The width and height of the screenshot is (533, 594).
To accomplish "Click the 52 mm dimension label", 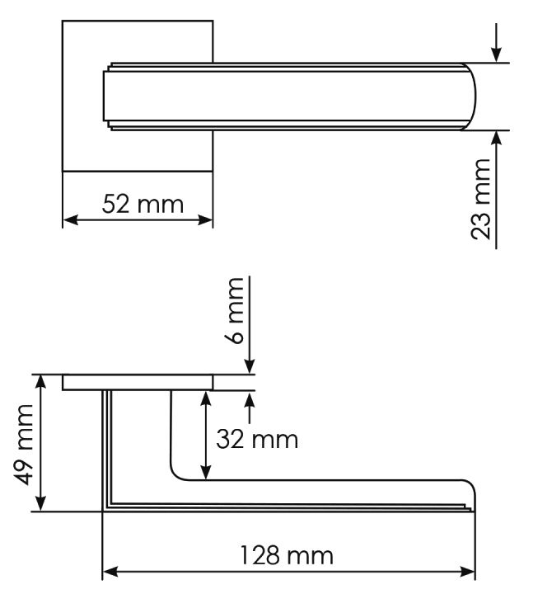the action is [x=143, y=204].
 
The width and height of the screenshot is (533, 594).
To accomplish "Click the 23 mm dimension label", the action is [x=480, y=200].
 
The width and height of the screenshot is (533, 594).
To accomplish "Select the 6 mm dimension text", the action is [x=235, y=311].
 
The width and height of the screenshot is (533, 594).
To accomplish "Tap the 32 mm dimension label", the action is [x=257, y=440].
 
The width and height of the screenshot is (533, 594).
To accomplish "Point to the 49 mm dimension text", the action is [x=23, y=445].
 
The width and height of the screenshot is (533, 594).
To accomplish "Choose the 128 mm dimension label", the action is [x=287, y=556].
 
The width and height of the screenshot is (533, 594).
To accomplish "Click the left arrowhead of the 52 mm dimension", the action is [x=70, y=219].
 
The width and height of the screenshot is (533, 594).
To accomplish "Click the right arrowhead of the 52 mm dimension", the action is [x=205, y=219].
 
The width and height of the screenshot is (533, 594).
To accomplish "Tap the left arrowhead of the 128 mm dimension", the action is [x=110, y=572].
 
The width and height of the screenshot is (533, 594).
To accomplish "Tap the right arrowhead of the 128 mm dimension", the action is [x=467, y=572].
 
